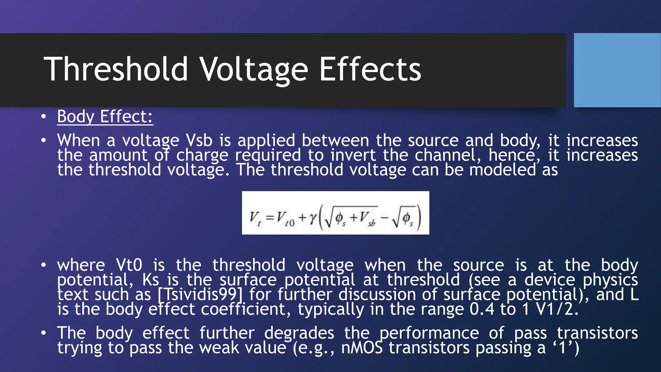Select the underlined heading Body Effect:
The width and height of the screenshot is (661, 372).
[105, 117]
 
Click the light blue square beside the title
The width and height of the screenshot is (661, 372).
[617, 70]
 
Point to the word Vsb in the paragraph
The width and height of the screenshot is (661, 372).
[199, 140]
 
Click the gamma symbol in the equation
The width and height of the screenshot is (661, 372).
[312, 218]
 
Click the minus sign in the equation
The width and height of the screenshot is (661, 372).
[384, 218]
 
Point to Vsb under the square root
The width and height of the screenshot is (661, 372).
[367, 218]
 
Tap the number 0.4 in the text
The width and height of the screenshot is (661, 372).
[482, 309]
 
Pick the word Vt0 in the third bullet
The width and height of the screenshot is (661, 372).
[129, 265]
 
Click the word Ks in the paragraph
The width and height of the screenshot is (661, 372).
[151, 280]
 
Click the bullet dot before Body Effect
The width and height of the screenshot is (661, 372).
[44, 117]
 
